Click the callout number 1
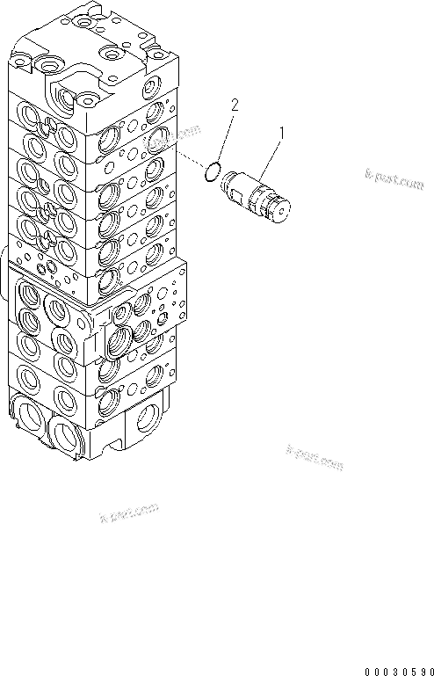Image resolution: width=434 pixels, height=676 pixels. pos(281,133)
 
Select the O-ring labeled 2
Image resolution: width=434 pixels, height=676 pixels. pos(211,173)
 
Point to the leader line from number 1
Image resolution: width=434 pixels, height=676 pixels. pos(270,153)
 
